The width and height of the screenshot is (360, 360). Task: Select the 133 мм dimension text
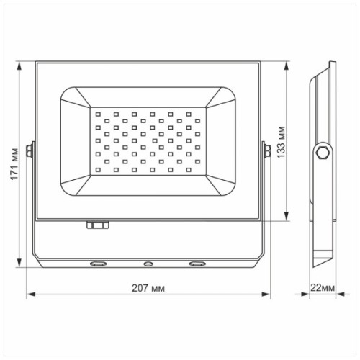[x=282, y=142]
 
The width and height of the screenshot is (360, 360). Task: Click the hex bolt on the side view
[x=322, y=153]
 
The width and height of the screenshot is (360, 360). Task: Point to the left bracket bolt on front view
[x=30, y=151]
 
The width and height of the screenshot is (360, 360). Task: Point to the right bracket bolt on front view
[x=267, y=150]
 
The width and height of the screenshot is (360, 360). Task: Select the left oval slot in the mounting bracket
[x=96, y=264]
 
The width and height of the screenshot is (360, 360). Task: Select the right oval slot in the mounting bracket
[x=196, y=264]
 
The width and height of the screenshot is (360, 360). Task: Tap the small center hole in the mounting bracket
[x=148, y=264]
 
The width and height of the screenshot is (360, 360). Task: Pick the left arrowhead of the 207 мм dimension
[x=30, y=294]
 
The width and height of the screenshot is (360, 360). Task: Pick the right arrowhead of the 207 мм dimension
[x=269, y=294]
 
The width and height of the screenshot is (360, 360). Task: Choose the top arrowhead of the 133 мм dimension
[x=288, y=63]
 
